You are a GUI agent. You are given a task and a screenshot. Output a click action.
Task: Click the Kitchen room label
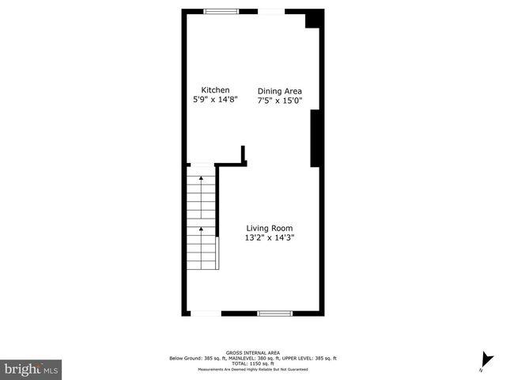(215, 89)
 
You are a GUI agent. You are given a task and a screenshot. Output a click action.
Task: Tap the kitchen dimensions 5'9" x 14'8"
(215, 101)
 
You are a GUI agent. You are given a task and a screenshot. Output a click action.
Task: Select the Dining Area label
(280, 91)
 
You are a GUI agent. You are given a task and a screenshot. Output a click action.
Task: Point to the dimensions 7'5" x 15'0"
(280, 102)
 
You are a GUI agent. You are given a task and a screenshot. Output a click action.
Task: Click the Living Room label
(274, 228)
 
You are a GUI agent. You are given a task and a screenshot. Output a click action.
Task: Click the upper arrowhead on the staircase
(202, 178)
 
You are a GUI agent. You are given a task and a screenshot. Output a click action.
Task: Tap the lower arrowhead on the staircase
(202, 230)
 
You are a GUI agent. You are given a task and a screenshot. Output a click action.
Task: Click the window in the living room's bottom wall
(275, 313)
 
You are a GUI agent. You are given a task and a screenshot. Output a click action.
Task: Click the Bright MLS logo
(31, 368)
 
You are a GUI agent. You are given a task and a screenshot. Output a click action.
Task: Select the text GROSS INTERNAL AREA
(252, 352)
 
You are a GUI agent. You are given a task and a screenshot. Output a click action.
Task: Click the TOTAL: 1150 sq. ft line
(252, 363)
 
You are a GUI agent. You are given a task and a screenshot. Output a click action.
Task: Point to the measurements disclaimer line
(252, 369)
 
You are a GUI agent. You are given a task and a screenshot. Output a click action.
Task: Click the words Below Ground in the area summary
(184, 358)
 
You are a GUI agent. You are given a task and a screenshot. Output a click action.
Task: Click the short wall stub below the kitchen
(244, 153)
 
